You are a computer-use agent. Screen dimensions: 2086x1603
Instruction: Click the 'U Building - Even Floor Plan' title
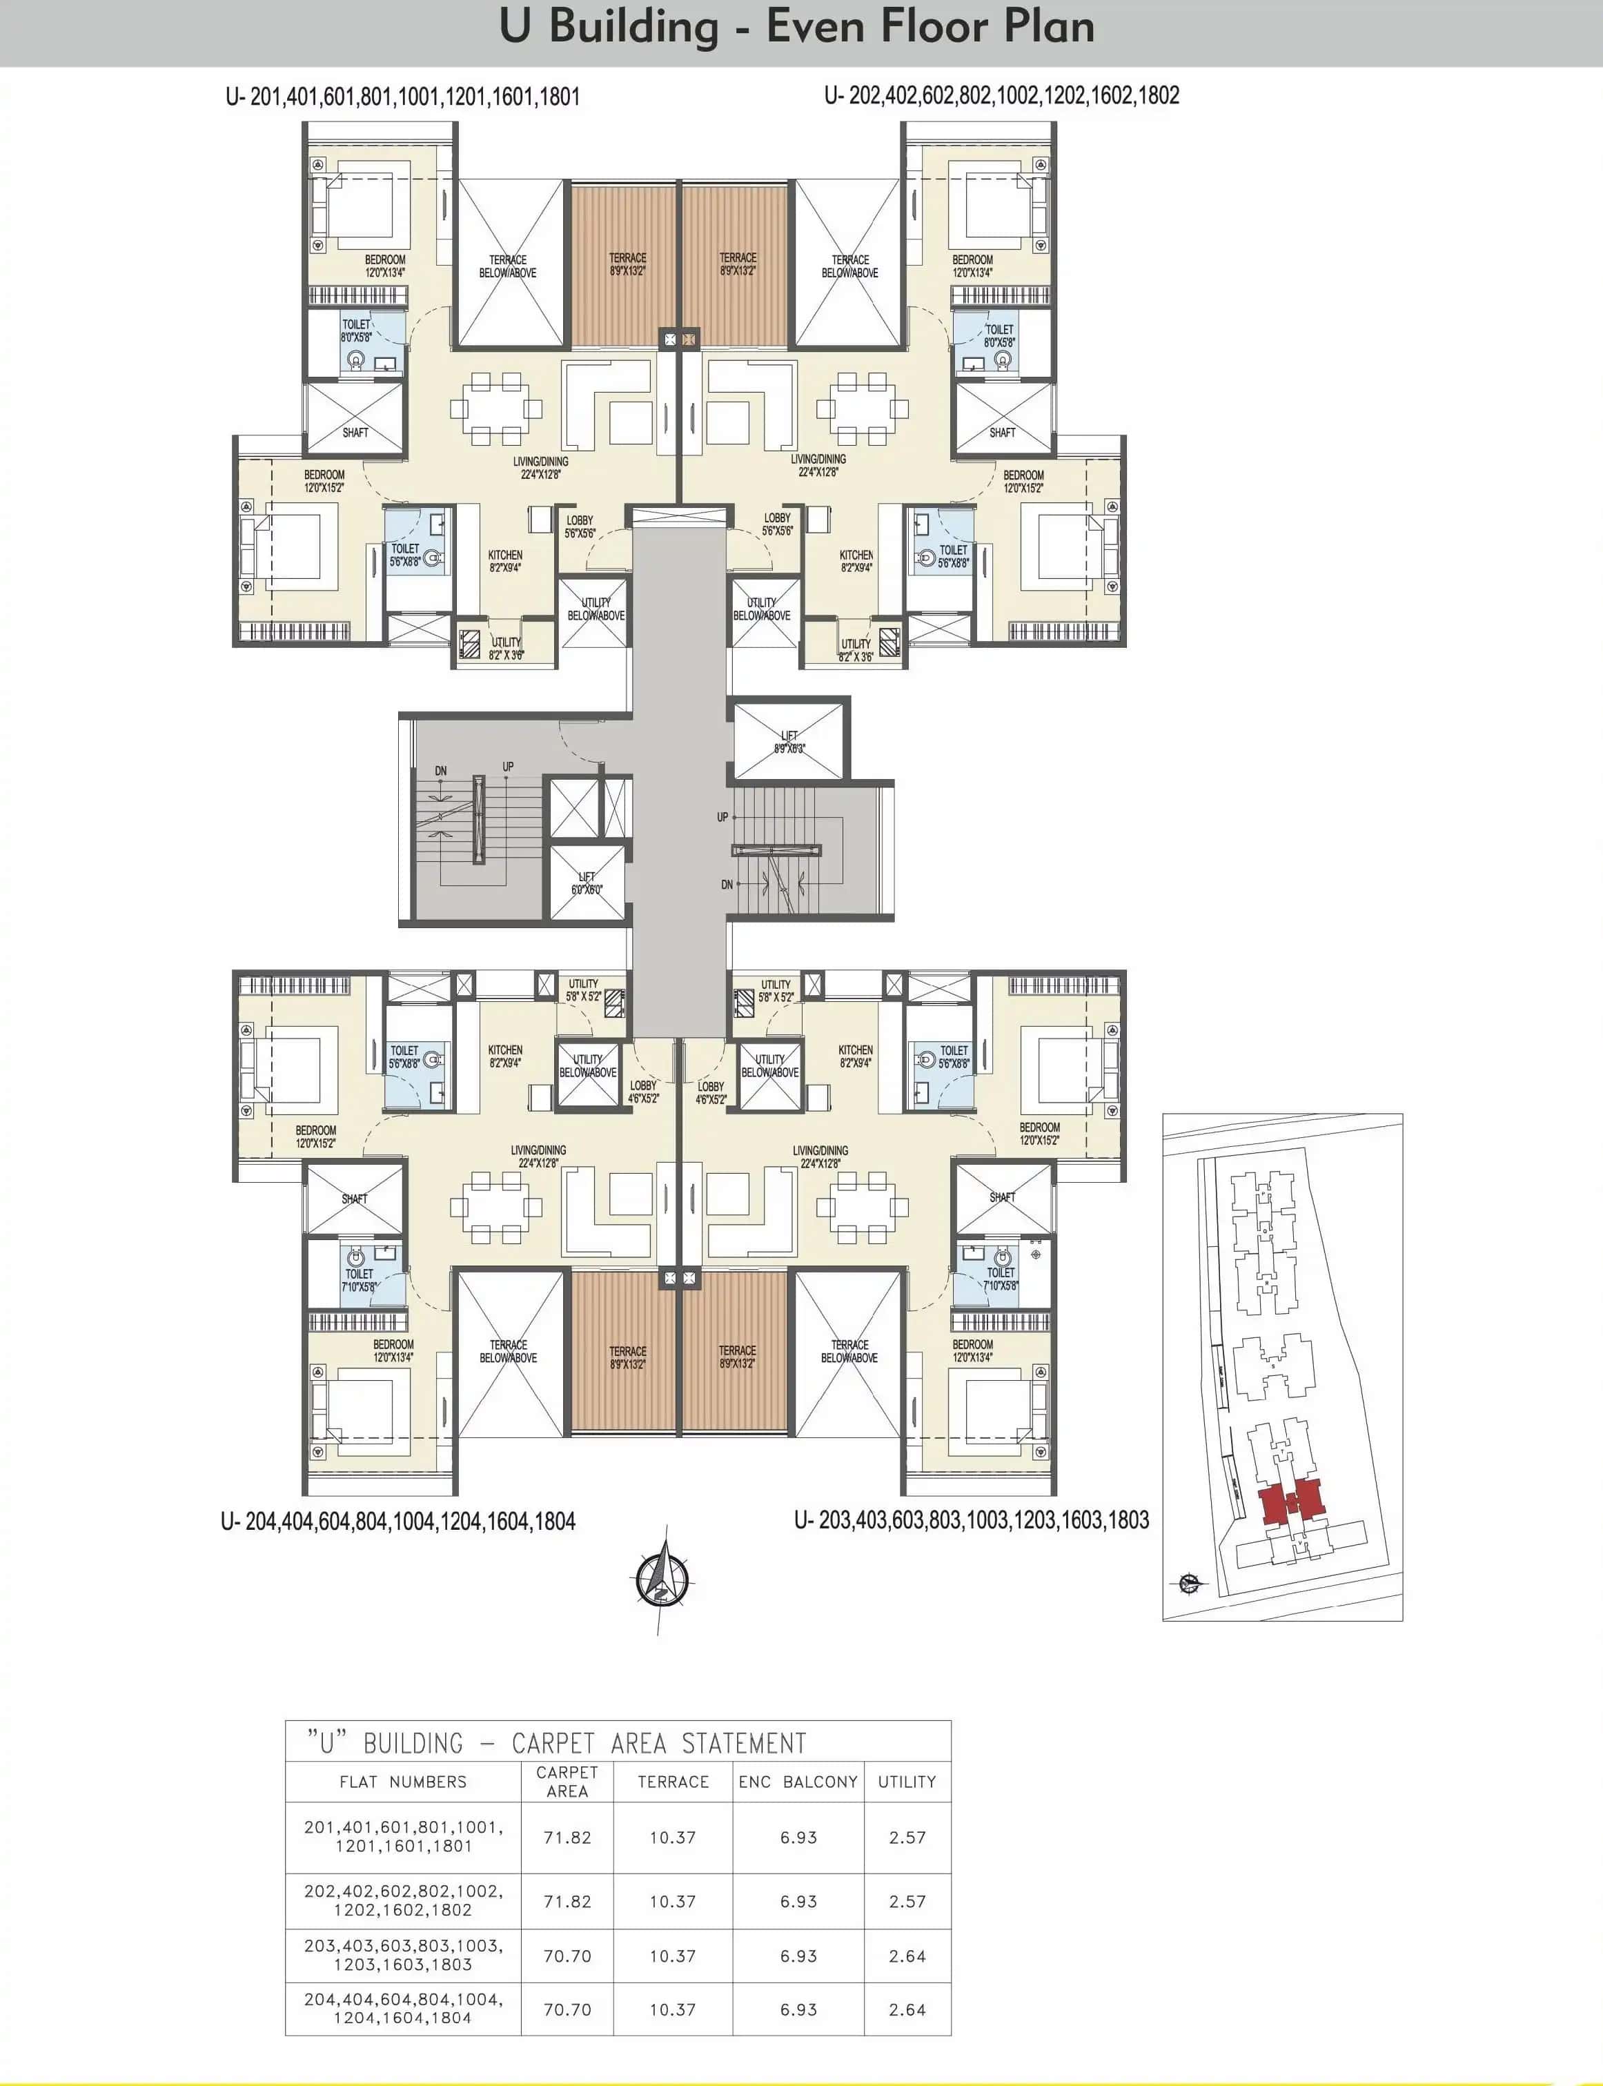pyautogui.click(x=797, y=28)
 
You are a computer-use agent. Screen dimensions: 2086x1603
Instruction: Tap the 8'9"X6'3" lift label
pyautogui.click(x=789, y=742)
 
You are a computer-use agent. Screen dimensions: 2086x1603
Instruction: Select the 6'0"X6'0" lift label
pyautogui.click(x=587, y=883)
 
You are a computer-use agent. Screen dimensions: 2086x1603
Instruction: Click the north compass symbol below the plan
pyautogui.click(x=662, y=1580)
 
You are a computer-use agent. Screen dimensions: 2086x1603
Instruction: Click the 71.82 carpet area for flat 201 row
pyautogui.click(x=567, y=1837)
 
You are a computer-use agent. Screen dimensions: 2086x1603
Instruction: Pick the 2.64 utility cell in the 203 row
pyautogui.click(x=907, y=1956)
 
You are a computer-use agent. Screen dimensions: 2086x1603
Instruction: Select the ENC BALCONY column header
pyautogui.click(x=798, y=1782)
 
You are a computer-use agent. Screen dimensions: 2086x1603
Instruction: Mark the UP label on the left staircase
pyautogui.click(x=508, y=766)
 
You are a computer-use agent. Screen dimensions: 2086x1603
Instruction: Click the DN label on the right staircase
pyautogui.click(x=727, y=885)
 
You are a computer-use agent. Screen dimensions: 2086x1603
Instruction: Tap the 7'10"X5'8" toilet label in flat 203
pyautogui.click(x=1000, y=1279)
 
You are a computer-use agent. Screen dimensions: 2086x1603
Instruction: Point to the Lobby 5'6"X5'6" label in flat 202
pyautogui.click(x=777, y=524)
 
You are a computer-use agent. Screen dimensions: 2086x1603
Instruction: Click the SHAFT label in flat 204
pyautogui.click(x=354, y=1199)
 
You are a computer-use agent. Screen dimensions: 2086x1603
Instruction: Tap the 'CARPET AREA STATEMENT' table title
pyautogui.click(x=556, y=1744)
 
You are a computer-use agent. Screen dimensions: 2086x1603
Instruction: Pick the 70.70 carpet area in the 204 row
pyautogui.click(x=567, y=2009)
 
